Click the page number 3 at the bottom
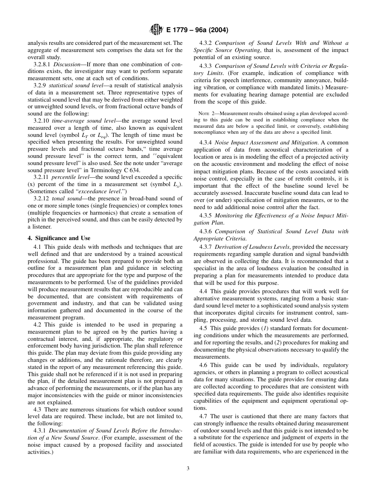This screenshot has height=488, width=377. (x=188, y=468)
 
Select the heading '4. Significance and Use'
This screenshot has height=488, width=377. (x=59, y=238)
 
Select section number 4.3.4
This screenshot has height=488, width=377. (x=206, y=142)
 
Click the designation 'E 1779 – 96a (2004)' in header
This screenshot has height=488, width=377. (x=194, y=30)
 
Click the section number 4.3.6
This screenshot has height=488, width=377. (x=206, y=231)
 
